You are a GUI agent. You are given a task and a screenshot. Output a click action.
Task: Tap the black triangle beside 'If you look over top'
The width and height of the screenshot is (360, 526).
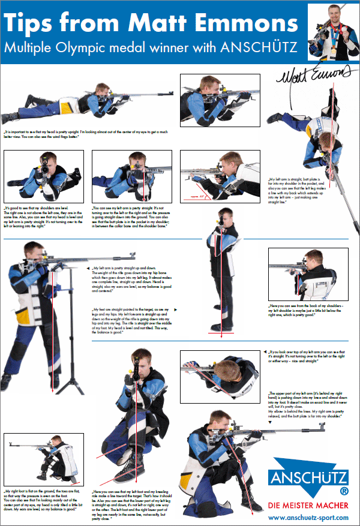[x=266, y=351]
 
